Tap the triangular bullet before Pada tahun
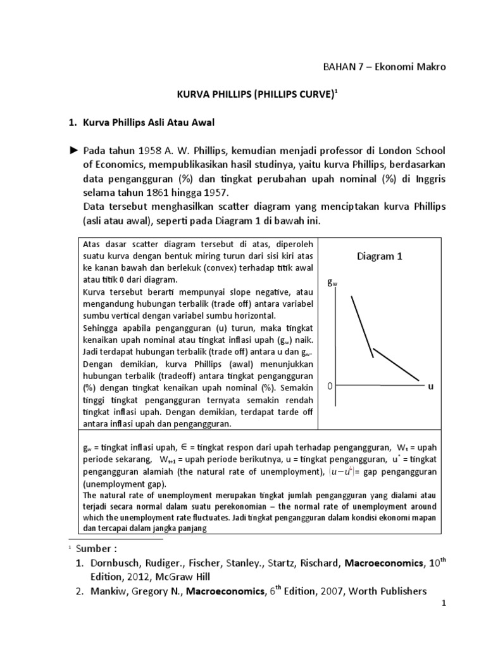pyautogui.click(x=73, y=150)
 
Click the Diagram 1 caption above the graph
pyautogui.click(x=379, y=256)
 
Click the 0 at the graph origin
pyautogui.click(x=330, y=385)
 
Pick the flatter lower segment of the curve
pyautogui.click(x=397, y=364)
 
